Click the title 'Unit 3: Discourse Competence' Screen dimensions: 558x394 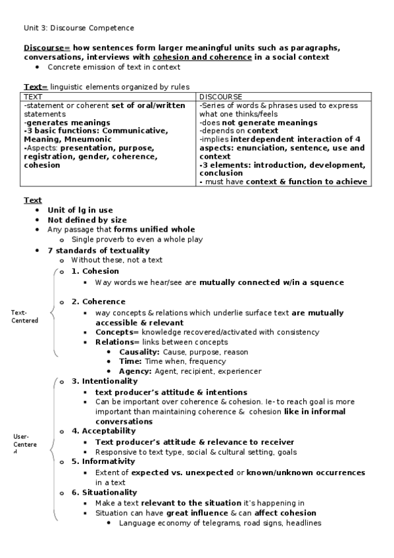click(79, 28)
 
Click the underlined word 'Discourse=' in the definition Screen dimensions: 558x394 click(47, 48)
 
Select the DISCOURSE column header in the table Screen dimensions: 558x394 click(220, 97)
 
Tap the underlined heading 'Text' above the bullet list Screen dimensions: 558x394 click(33, 200)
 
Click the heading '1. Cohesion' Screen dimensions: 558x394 click(95, 271)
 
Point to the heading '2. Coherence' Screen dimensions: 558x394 click(99, 301)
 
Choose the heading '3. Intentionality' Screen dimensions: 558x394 click(105, 381)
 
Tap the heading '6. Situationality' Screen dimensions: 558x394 click(105, 492)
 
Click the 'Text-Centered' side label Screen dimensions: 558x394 click(25, 317)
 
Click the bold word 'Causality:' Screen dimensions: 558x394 click(139, 352)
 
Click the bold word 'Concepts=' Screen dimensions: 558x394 click(117, 332)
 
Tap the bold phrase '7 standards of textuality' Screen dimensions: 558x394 click(99, 251)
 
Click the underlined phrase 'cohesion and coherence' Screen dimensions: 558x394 click(202, 57)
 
